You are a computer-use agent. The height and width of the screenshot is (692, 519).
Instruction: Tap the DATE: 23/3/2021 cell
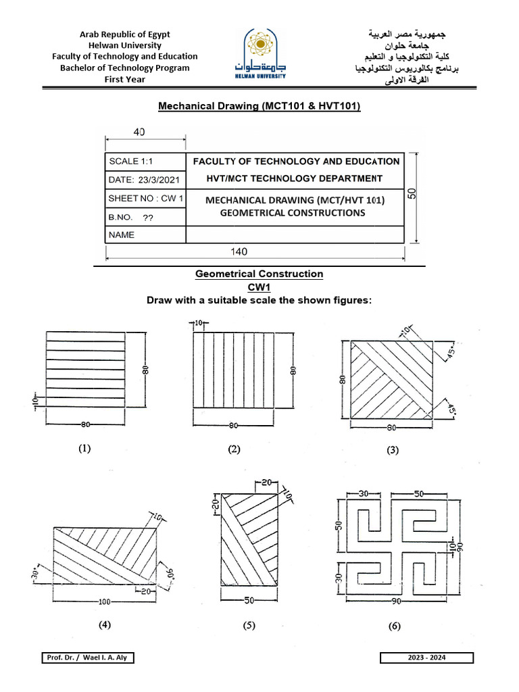click(145, 180)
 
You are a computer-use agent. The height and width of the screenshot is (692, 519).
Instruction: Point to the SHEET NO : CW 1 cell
click(145, 199)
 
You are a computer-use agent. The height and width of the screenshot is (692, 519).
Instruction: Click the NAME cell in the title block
click(145, 235)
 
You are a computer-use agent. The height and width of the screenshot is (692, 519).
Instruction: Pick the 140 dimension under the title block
click(239, 251)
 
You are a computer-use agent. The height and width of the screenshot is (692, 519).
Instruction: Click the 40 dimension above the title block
click(139, 132)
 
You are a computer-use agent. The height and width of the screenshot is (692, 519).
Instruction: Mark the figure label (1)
click(84, 447)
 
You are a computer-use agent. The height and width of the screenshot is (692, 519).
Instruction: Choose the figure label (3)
click(393, 451)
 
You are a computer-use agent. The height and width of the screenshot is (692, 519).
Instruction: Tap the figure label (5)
click(249, 626)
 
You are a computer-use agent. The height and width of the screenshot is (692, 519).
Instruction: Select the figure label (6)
click(394, 626)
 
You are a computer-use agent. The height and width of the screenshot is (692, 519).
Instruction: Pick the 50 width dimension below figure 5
click(249, 600)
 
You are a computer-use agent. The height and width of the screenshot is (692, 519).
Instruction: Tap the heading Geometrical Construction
click(259, 274)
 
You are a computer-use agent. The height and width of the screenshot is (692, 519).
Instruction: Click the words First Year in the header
click(125, 79)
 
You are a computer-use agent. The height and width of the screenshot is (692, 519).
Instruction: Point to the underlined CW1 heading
click(259, 287)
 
